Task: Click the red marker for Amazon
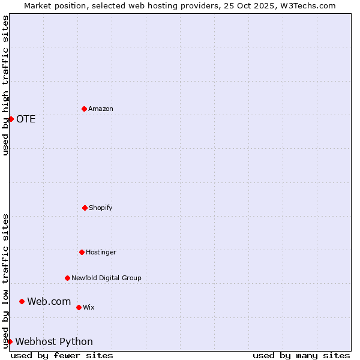pos(84,109)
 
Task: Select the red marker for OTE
pos(11,119)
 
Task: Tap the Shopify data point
pos(85,208)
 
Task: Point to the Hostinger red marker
pos(82,252)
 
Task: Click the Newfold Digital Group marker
pos(67,278)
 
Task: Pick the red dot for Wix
pos(79,307)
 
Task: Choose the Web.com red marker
pos(22,301)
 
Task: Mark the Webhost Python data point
pos(10,341)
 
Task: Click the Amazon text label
pos(101,109)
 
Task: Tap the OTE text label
pos(26,119)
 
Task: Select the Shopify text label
pos(101,208)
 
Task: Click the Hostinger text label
pos(101,252)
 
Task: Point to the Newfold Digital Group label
pos(106,278)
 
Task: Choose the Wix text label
pos(89,307)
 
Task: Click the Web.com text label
pos(49,301)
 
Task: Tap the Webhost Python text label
pos(54,341)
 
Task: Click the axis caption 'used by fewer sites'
pos(62,355)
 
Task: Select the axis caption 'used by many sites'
pos(301,355)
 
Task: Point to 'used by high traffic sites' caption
pos(5,85)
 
